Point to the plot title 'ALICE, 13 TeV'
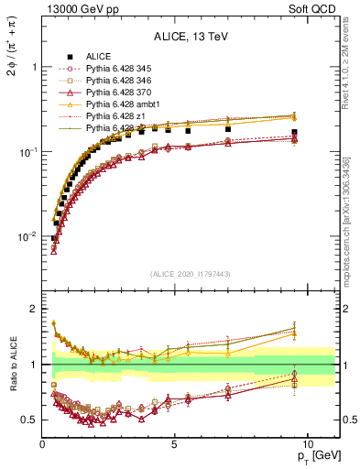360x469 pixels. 190,38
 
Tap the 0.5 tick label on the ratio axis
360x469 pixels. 29,420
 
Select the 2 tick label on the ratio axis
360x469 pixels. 34,309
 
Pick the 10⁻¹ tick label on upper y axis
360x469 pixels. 27,152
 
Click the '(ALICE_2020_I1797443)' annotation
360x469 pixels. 190,274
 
